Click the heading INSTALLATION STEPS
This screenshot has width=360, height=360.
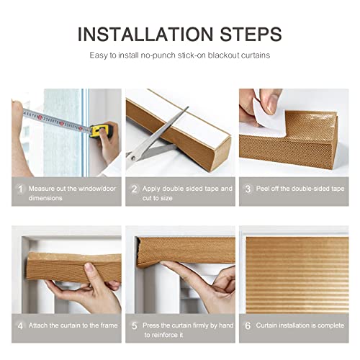(179, 34)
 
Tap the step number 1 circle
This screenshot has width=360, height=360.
(19, 189)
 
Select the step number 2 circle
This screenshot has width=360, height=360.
(133, 189)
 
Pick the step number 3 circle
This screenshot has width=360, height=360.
(247, 189)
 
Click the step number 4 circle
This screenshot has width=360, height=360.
(19, 325)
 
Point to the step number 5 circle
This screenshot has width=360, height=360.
(133, 325)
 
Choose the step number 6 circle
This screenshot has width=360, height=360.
(247, 325)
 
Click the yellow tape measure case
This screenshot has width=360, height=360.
(104, 130)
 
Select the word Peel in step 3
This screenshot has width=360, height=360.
(263, 189)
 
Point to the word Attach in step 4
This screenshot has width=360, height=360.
(40, 325)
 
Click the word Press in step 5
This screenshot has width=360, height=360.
(152, 325)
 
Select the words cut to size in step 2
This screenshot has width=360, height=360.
(158, 198)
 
